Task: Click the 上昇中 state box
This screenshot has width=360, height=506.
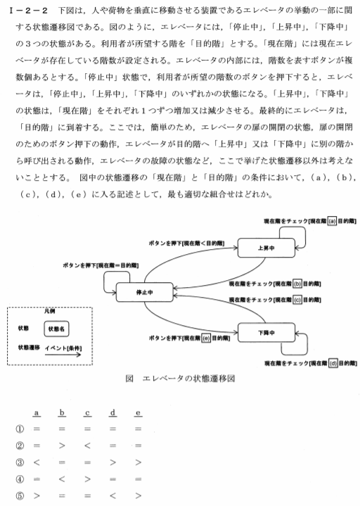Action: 266,248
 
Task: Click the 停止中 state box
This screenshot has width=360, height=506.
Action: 144,292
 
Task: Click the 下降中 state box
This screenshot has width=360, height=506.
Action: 266,333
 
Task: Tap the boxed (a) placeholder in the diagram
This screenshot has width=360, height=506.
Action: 332,221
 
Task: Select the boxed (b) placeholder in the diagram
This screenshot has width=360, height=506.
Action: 297,284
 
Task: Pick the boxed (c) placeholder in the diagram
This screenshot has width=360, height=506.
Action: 297,300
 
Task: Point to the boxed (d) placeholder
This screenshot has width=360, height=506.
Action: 333,363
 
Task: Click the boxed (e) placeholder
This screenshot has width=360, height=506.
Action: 206,339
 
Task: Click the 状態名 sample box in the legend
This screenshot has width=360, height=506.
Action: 56,329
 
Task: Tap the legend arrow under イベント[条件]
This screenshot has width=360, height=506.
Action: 63,355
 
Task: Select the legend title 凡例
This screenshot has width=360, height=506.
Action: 50,311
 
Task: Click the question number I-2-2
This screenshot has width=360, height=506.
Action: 28,11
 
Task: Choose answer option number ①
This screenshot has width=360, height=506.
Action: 20,429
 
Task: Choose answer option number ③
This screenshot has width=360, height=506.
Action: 20,462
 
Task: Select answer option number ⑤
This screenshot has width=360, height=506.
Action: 20,495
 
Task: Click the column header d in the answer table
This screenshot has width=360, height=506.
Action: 112,412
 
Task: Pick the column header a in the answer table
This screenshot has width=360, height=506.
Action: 37,412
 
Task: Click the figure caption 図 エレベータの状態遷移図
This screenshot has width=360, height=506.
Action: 180,379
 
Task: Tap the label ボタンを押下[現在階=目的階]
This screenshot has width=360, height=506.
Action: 101,265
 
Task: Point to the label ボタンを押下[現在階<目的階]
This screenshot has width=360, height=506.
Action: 186,243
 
